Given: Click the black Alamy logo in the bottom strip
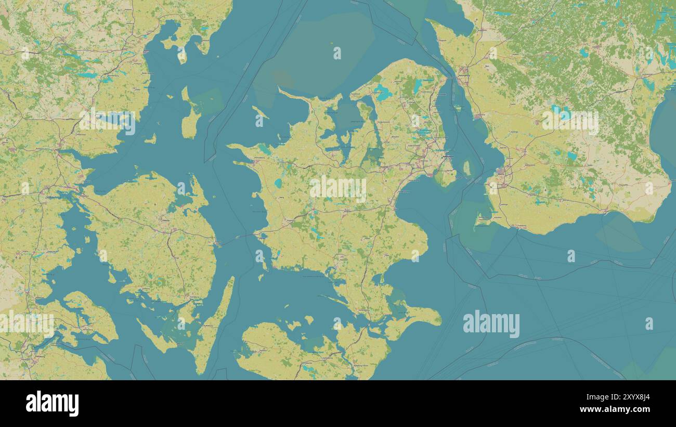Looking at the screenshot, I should tap(52, 404).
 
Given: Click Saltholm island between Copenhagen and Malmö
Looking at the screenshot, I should tap(466, 168).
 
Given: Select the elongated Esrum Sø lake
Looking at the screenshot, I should tap(418, 86).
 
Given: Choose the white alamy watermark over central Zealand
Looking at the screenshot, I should tap(338, 188).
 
